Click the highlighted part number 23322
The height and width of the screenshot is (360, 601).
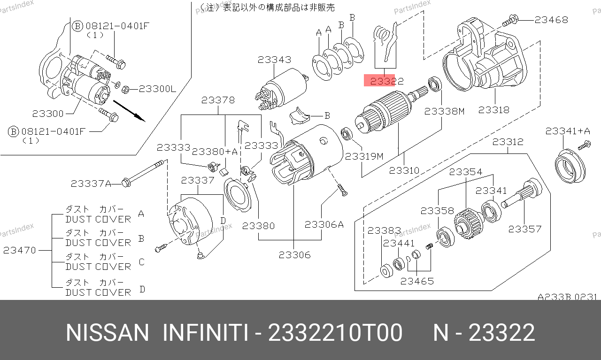[386, 81]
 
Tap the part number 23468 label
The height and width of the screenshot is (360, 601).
[551, 20]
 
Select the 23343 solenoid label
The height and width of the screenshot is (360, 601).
[274, 60]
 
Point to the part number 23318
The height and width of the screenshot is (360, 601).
[493, 110]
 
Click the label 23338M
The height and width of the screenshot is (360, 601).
[444, 111]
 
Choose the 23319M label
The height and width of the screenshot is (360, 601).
[364, 156]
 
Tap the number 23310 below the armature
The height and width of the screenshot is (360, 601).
[404, 170]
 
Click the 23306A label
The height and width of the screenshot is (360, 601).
[324, 224]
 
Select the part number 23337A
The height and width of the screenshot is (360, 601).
[91, 184]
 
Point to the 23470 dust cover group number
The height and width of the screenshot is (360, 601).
[19, 250]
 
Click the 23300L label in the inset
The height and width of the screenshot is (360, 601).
[157, 89]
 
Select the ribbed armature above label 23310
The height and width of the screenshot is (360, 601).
[384, 112]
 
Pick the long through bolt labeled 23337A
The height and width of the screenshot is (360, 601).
[144, 173]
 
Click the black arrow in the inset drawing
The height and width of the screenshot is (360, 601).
[129, 111]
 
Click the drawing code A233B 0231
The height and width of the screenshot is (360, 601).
[567, 297]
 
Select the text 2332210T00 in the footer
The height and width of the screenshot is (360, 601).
[335, 333]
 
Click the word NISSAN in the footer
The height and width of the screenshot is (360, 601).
[108, 333]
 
